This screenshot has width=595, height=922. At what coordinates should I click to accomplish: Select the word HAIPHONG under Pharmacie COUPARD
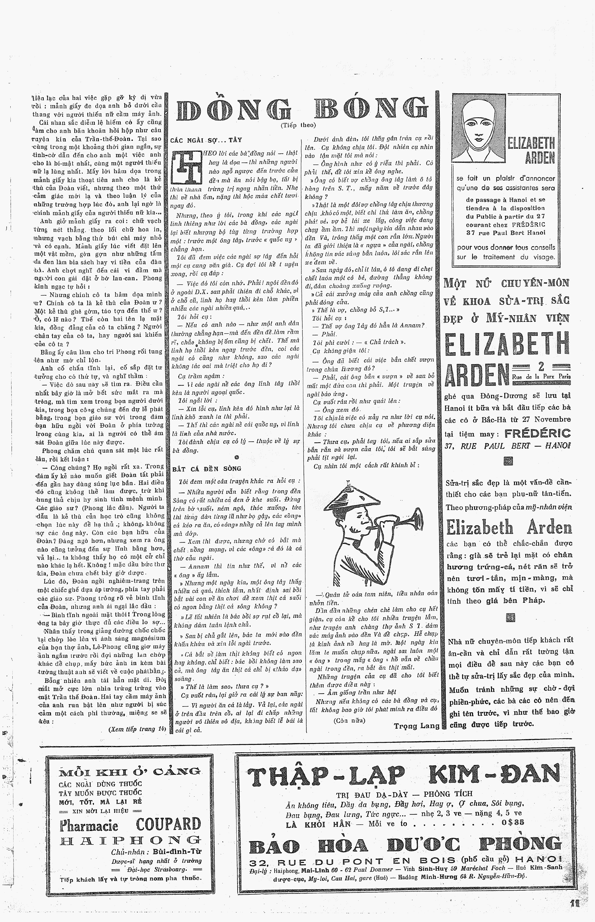[130, 840]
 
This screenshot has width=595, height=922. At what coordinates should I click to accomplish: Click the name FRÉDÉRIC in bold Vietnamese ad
[537, 433]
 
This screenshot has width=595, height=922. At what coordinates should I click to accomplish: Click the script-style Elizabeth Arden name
[509, 528]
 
